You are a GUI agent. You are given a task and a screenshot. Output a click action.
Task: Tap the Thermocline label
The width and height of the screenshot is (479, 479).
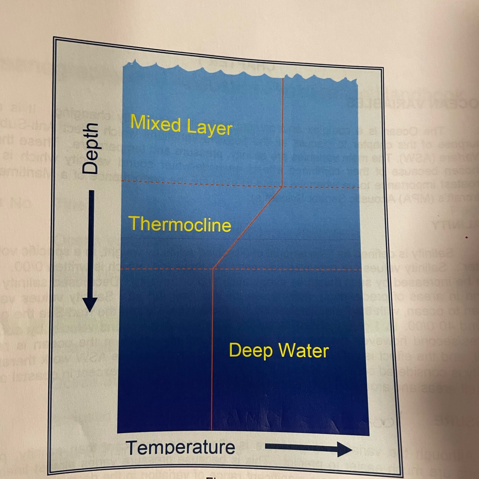180,224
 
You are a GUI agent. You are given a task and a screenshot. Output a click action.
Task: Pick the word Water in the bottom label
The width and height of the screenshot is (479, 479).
304,351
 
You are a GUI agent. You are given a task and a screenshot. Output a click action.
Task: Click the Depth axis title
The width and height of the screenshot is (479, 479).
90,148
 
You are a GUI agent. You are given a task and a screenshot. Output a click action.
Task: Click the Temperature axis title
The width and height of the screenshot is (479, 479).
181,447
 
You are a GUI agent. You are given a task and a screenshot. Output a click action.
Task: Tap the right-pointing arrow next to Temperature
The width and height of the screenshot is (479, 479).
308,448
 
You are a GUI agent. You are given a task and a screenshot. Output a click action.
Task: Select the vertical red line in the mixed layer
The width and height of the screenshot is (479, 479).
283,133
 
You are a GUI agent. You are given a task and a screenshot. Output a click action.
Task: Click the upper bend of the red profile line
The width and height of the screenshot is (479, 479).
282,187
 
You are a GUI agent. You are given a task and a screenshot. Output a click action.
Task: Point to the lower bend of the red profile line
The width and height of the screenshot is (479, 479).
214,268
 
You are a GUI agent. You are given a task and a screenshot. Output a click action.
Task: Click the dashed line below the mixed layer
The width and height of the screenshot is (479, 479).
201,185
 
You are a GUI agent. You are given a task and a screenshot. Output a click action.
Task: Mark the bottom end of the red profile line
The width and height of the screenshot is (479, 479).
211,429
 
